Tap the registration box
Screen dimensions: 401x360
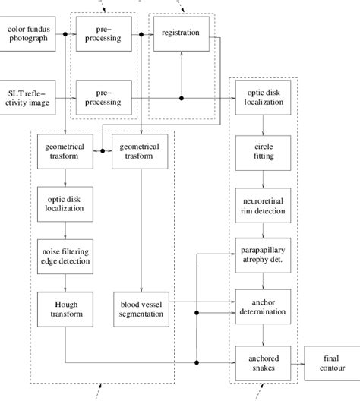point(181,34)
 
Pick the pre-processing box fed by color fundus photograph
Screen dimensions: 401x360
point(103,34)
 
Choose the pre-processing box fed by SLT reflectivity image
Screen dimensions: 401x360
point(103,96)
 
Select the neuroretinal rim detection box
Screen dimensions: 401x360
point(263,203)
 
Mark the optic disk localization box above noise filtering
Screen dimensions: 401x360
point(65,203)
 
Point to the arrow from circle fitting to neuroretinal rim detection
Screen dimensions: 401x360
point(263,178)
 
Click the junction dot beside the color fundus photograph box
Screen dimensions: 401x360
point(66,35)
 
